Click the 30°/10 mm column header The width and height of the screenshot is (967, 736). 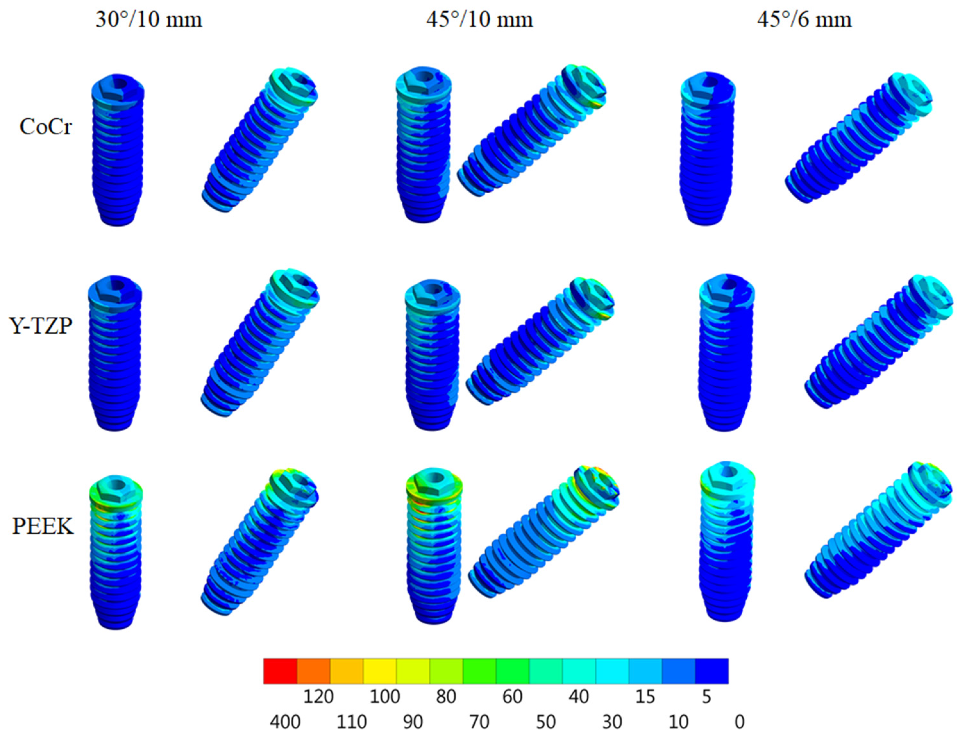click(x=149, y=20)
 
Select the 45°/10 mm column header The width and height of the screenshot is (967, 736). click(x=479, y=20)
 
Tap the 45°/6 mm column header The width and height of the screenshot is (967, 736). click(x=804, y=20)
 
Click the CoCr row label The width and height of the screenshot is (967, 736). click(x=46, y=127)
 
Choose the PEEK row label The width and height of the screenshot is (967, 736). click(x=43, y=526)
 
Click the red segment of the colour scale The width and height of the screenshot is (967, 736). click(x=281, y=671)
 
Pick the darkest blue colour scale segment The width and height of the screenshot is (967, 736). click(x=712, y=671)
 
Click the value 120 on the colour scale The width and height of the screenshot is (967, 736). click(x=318, y=697)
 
